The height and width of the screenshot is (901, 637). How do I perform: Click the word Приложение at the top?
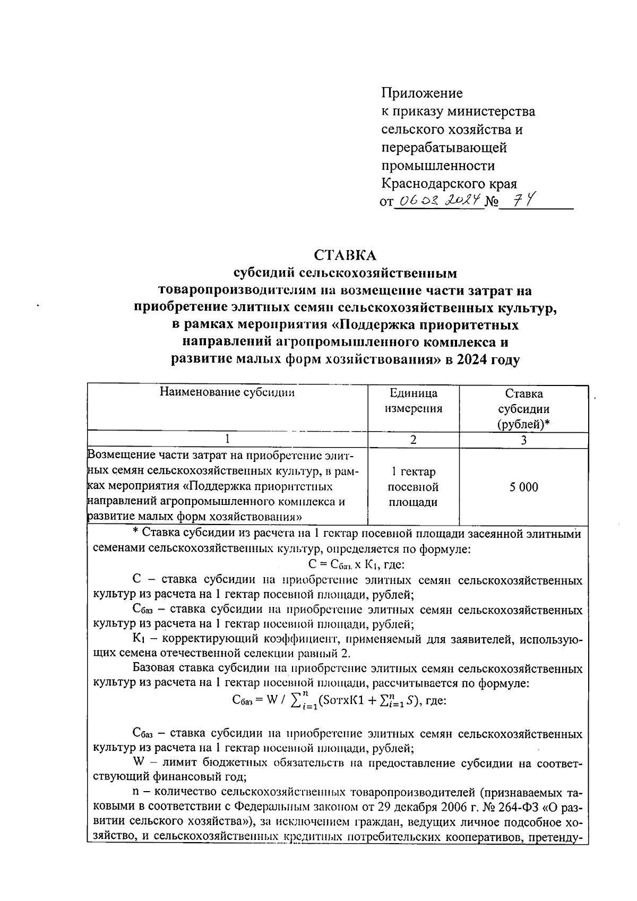422,93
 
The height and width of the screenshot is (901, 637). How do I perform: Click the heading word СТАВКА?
345,255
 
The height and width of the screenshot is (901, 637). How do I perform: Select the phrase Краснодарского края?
449,184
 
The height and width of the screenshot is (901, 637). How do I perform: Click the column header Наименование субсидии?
227,393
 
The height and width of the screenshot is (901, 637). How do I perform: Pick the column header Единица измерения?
414,401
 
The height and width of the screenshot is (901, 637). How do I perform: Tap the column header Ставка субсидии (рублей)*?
523,409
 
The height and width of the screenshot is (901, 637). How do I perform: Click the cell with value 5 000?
523,487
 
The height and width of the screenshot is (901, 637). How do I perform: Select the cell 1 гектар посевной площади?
414,487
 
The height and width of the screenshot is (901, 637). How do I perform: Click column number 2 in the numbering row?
414,440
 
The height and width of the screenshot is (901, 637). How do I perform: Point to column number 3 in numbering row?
523,440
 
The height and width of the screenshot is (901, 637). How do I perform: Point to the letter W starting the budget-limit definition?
140,763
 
